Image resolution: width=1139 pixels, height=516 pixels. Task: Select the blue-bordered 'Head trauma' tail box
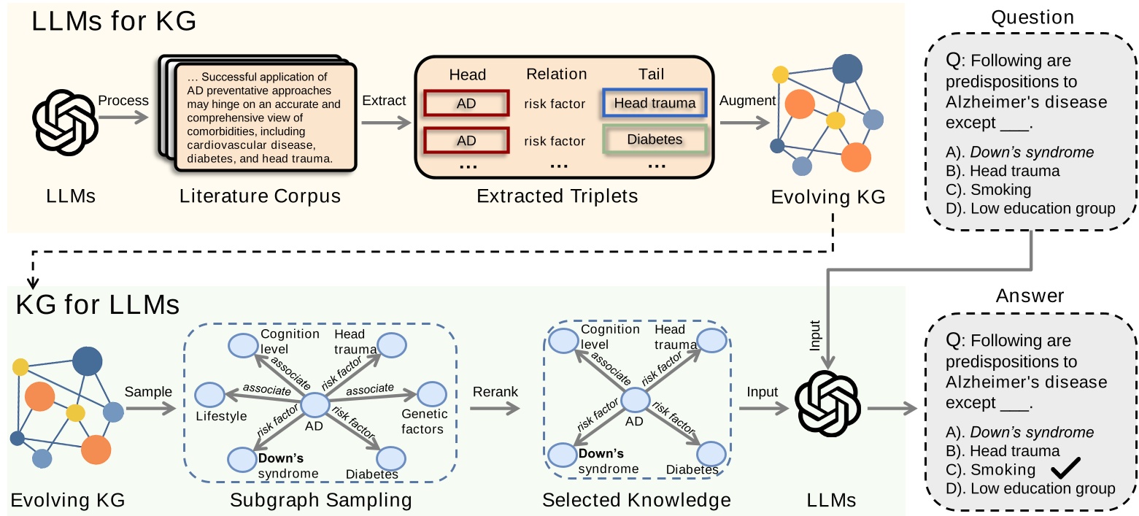pos(655,104)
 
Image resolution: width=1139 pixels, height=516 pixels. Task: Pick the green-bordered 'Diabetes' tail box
pos(655,139)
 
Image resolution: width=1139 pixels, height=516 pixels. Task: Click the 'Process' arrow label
pos(123,100)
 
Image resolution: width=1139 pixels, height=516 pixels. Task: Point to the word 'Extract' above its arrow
pos(384,100)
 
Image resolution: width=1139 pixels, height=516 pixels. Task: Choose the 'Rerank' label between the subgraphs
pos(495,392)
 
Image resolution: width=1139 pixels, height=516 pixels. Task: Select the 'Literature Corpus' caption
pos(260,196)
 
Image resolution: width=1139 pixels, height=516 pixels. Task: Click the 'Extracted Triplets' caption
pos(557,196)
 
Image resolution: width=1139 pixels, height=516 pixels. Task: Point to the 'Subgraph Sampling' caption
pos(321,500)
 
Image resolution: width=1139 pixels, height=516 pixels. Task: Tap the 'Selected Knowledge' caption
pos(636,500)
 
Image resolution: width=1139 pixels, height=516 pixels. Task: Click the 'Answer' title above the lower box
pos(1030,296)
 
